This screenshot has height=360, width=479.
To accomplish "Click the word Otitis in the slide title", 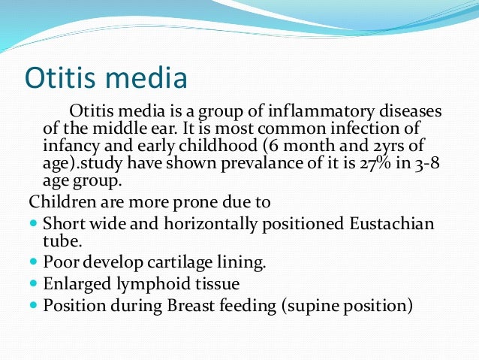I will point(61,77).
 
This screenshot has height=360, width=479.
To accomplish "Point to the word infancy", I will point(68,144).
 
